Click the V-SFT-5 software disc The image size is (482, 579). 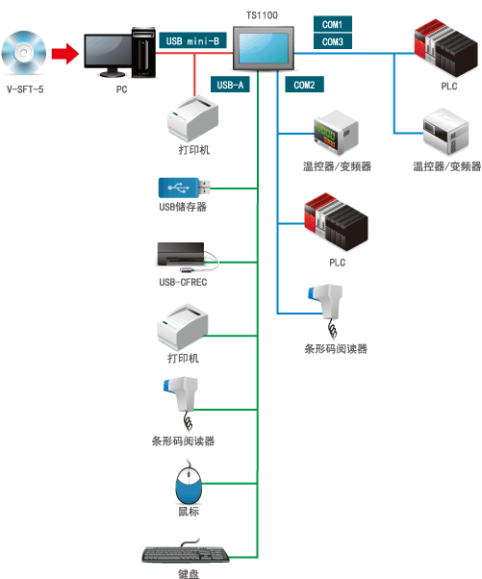click(x=24, y=53)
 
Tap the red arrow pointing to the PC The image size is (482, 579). click(x=65, y=54)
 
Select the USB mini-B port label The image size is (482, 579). click(x=192, y=40)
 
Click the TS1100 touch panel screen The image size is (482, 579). click(x=264, y=48)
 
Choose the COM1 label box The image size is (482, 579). click(x=333, y=24)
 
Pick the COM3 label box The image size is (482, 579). click(x=333, y=41)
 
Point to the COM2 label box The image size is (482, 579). click(x=304, y=85)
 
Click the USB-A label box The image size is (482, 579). click(x=230, y=85)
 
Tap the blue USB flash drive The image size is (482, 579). click(x=185, y=188)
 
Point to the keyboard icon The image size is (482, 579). click(x=186, y=552)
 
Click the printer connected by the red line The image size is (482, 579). click(x=192, y=118)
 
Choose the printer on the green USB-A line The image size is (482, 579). click(x=183, y=327)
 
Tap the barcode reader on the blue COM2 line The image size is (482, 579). click(x=326, y=309)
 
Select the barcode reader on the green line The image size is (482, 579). click(x=182, y=401)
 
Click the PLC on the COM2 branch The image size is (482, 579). click(x=336, y=221)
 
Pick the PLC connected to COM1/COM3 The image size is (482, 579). click(x=445, y=48)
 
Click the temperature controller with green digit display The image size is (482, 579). click(x=336, y=132)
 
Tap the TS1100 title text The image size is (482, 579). click(x=262, y=15)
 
